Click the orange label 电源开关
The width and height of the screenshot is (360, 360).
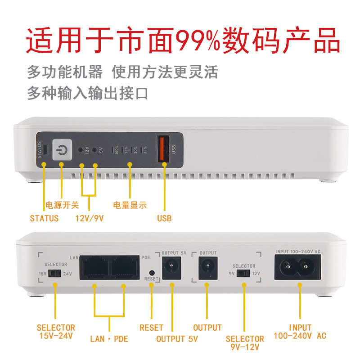click(62, 205)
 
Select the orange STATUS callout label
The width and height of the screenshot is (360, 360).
click(44, 218)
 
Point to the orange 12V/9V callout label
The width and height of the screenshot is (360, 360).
click(90, 218)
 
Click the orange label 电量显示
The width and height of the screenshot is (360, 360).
click(130, 205)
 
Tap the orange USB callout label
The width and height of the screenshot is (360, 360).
click(164, 218)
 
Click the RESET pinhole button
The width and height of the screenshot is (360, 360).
click(152, 273)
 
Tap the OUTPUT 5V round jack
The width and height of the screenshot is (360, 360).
click(170, 269)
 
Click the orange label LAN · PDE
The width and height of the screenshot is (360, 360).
click(109, 338)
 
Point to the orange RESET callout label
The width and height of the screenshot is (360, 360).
click(151, 328)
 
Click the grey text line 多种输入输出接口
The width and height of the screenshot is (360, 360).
click(87, 94)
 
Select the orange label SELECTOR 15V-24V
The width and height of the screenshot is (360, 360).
click(56, 332)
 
